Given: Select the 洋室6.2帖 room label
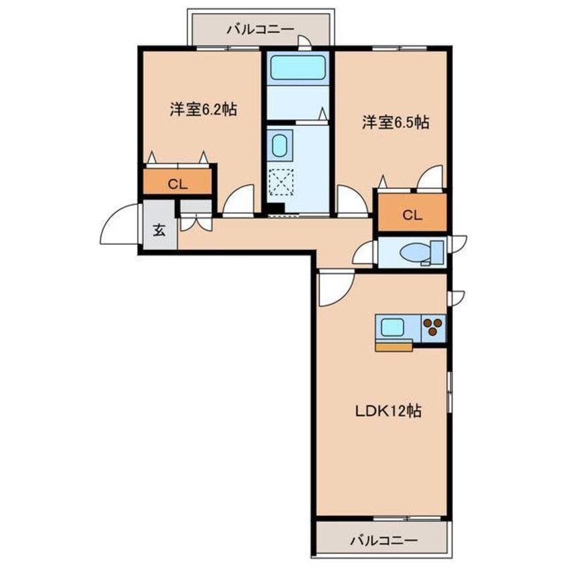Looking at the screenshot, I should click(x=202, y=109).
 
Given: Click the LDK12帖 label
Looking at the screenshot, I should click(x=387, y=411).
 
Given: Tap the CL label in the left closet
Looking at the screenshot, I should click(x=177, y=186).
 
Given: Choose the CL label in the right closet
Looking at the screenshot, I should click(x=412, y=214).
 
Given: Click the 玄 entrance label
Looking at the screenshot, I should click(x=160, y=230).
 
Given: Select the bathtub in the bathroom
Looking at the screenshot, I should click(x=297, y=68).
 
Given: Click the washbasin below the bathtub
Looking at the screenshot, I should click(x=279, y=145).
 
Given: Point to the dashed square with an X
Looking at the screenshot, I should click(x=279, y=180).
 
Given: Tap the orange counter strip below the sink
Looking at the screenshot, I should click(x=394, y=346).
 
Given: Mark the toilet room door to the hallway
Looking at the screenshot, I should click(x=365, y=253).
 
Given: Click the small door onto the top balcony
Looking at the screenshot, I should click(x=304, y=43).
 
